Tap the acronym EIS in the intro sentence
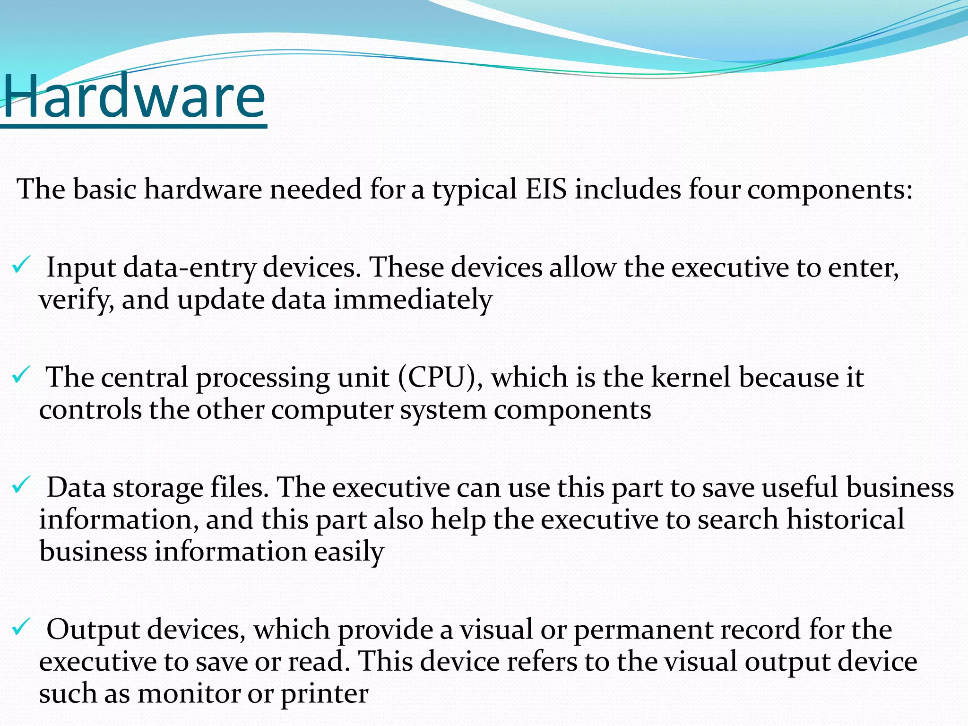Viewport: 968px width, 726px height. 546,189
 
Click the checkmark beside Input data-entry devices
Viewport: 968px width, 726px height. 21,265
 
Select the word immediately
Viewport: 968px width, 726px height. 413,300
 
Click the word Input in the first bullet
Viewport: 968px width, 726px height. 81,268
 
